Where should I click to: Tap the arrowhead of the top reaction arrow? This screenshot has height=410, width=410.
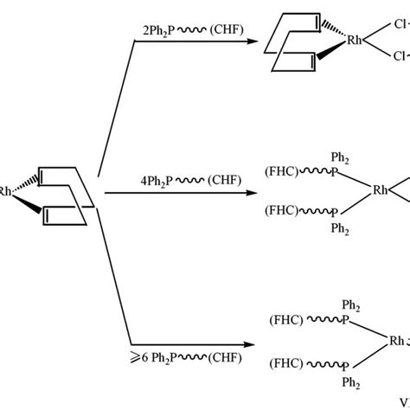click(258, 43)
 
